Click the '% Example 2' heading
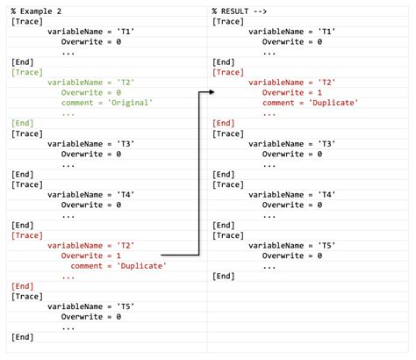[36, 11]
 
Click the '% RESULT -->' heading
[240, 11]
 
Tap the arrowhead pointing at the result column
[212, 92]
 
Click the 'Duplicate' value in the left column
[141, 266]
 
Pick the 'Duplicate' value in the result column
[334, 103]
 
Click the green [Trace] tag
[27, 72]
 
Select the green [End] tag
[23, 123]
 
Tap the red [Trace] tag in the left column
[27, 235]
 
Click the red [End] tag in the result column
[224, 123]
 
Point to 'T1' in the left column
[126, 32]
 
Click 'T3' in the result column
[326, 144]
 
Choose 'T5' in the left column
[126, 306]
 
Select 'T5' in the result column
[326, 246]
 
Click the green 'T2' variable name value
[126, 83]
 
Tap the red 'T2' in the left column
[126, 246]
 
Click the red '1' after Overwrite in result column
[319, 93]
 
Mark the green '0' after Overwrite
[118, 93]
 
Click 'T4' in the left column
[126, 195]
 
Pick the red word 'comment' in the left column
[86, 266]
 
